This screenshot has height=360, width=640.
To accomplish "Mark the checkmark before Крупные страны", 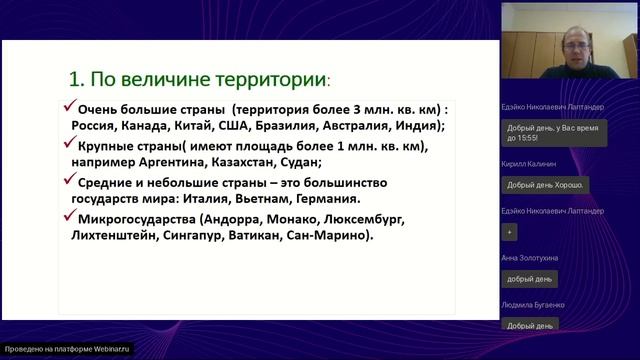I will pyautogui.click(x=69, y=145).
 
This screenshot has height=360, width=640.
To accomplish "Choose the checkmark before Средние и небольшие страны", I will pyautogui.click(x=69, y=182).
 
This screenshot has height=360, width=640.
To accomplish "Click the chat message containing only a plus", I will pyautogui.click(x=510, y=231).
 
